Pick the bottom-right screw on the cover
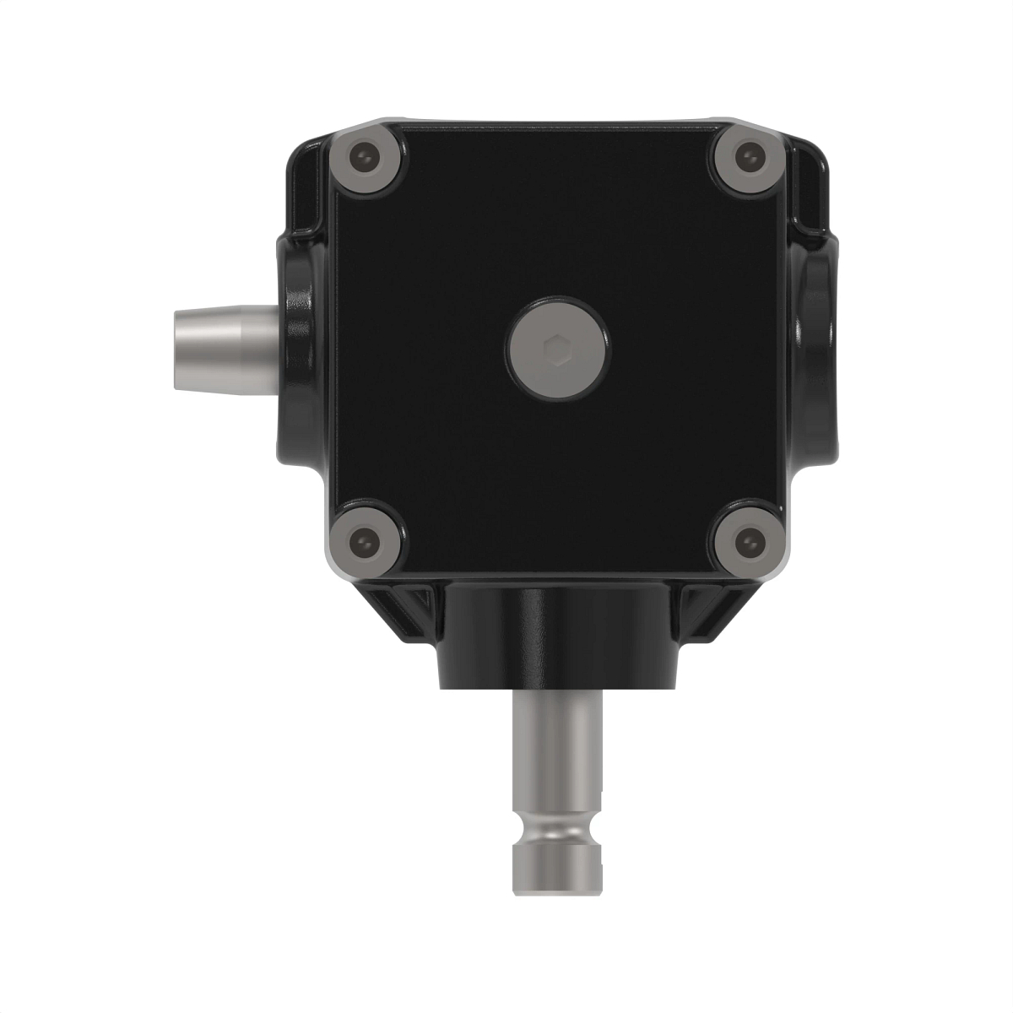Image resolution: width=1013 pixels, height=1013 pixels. click(x=746, y=539)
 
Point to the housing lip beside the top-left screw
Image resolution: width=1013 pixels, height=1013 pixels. click(x=308, y=177)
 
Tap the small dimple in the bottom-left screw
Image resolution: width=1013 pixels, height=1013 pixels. click(x=363, y=537)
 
